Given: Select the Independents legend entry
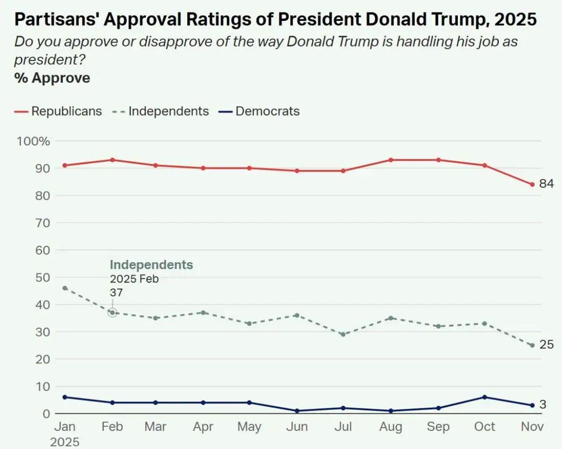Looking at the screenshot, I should click(x=161, y=111).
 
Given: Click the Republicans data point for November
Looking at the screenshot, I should click(x=532, y=184).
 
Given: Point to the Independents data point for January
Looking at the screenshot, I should click(x=65, y=288).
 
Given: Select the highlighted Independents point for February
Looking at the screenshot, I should click(x=112, y=313).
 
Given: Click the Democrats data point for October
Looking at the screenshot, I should click(x=484, y=397).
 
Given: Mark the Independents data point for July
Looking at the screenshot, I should click(x=343, y=334).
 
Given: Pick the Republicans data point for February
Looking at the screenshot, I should click(x=112, y=160).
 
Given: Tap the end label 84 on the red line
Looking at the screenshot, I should click(x=546, y=184).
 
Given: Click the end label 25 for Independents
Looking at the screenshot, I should click(x=546, y=344).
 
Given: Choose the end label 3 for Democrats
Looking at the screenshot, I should click(x=543, y=405).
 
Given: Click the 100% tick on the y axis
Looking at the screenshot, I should click(x=33, y=141).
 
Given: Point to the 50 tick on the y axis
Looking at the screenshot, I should click(x=41, y=277).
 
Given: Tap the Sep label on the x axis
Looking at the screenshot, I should click(x=438, y=427).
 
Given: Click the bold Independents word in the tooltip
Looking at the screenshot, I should click(x=151, y=265).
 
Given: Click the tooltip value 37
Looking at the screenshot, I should click(x=116, y=293).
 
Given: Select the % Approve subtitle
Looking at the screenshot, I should click(x=52, y=78).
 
